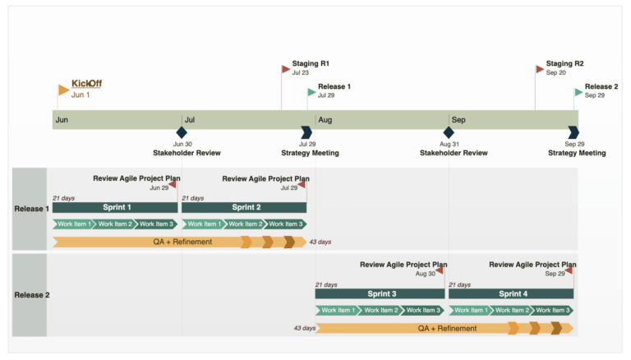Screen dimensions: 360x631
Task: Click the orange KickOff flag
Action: (63, 90)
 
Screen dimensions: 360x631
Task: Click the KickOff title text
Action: (86, 84)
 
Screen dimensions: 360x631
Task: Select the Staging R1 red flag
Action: (285, 69)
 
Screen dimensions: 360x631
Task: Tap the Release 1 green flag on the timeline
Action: (311, 91)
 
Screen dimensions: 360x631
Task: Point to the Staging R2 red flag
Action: (539, 69)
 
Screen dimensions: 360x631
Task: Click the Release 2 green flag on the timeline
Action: (578, 91)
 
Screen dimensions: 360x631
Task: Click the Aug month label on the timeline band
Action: (325, 120)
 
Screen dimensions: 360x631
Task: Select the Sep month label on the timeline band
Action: (458, 120)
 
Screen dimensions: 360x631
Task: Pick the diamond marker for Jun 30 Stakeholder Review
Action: (182, 132)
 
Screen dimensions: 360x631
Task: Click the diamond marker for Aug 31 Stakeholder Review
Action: (449, 132)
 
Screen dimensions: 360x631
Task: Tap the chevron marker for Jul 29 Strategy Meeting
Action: (306, 132)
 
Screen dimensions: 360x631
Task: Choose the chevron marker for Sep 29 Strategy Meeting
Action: (573, 132)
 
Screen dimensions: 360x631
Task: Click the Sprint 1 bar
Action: (116, 207)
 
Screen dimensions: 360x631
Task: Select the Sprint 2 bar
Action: (245, 207)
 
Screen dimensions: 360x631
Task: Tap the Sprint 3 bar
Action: (380, 293)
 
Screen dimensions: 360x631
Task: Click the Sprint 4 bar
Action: (512, 293)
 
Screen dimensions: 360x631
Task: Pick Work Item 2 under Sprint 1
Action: (113, 224)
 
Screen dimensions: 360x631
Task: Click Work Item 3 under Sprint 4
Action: (552, 310)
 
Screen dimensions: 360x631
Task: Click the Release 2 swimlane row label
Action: (31, 294)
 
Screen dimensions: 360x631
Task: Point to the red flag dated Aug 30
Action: (440, 270)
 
